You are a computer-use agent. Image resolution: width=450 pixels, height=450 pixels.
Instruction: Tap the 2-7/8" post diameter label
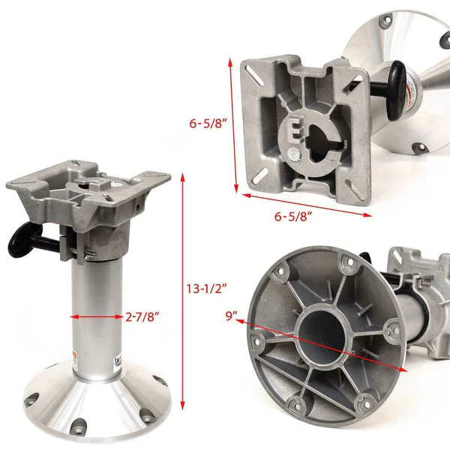point(142,316)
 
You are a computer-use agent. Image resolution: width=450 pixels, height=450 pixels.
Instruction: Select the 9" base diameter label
point(231,316)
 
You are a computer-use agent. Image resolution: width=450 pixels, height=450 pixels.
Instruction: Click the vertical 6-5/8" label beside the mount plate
point(208,124)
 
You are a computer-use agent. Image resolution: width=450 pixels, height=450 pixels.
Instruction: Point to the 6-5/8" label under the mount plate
point(293,216)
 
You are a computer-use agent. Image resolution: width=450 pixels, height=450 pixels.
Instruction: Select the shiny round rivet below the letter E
point(293,154)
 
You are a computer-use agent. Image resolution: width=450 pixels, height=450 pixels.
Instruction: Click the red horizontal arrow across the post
point(97,316)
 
